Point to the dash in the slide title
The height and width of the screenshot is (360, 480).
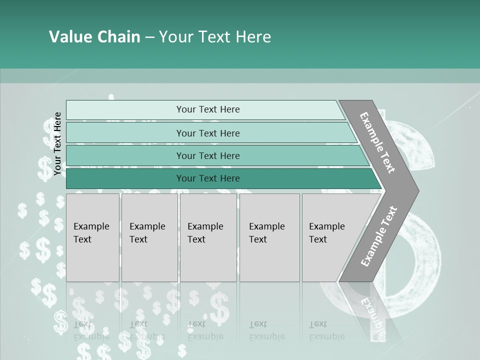[149, 37]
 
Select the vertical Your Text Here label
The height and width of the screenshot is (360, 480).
[57, 143]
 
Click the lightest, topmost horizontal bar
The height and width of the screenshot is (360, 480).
[207, 109]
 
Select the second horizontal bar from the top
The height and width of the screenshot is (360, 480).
[207, 133]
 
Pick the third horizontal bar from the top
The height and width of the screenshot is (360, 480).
[207, 155]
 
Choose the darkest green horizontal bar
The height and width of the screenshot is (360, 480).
[207, 178]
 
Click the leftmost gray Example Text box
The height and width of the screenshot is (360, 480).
[92, 237]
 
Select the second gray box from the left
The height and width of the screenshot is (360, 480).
[149, 237]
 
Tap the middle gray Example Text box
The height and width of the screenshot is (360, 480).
[208, 237]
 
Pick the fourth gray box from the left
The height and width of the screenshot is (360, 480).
[269, 237]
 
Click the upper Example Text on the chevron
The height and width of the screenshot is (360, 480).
[377, 142]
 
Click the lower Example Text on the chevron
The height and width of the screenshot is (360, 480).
[378, 236]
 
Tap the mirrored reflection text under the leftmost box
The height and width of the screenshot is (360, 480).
[91, 330]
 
